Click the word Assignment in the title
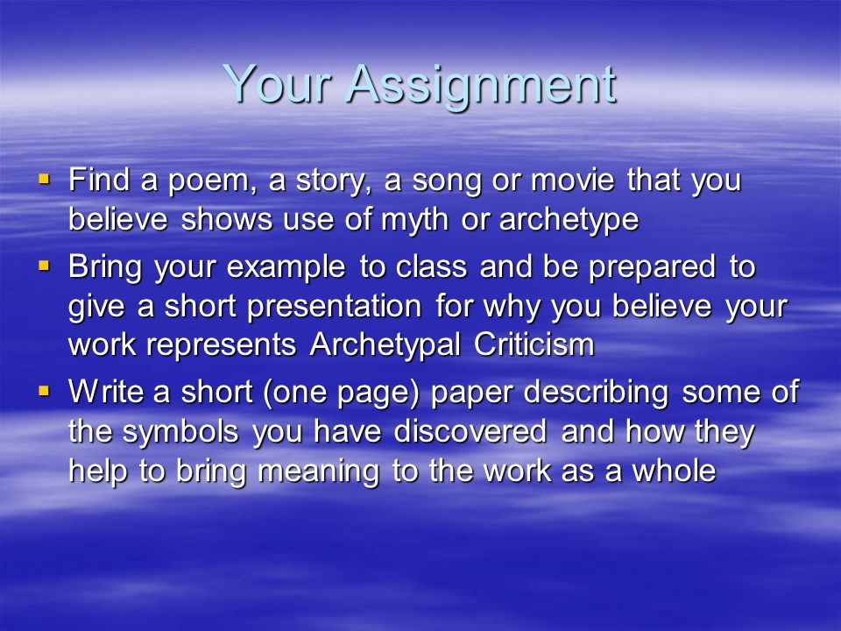coord(482,86)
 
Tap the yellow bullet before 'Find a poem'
coord(44,178)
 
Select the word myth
coord(414,220)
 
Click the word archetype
coord(569,220)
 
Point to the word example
coord(286,268)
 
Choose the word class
coord(431,266)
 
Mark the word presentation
coord(334,308)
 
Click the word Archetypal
coord(385,345)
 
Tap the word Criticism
coord(534,344)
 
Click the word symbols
coord(180,432)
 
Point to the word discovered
coord(470,431)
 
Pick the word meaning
coord(319,472)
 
